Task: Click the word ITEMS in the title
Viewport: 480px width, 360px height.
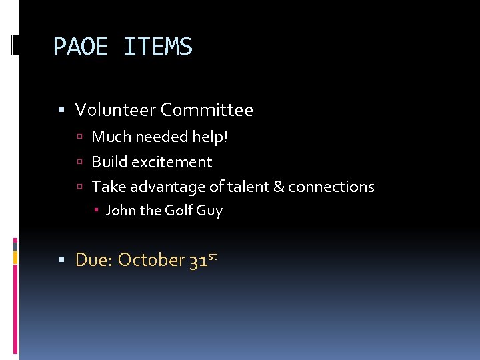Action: [x=158, y=47]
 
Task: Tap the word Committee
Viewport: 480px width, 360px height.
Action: [x=207, y=110]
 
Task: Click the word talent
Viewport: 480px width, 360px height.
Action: [x=249, y=187]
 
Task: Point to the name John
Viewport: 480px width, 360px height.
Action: [x=120, y=211]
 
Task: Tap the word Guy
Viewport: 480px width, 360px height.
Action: [x=209, y=211]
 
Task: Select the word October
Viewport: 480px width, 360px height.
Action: [x=151, y=260]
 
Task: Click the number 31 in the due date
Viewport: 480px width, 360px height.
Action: [x=198, y=260]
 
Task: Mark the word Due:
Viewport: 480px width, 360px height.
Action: [x=94, y=260]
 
